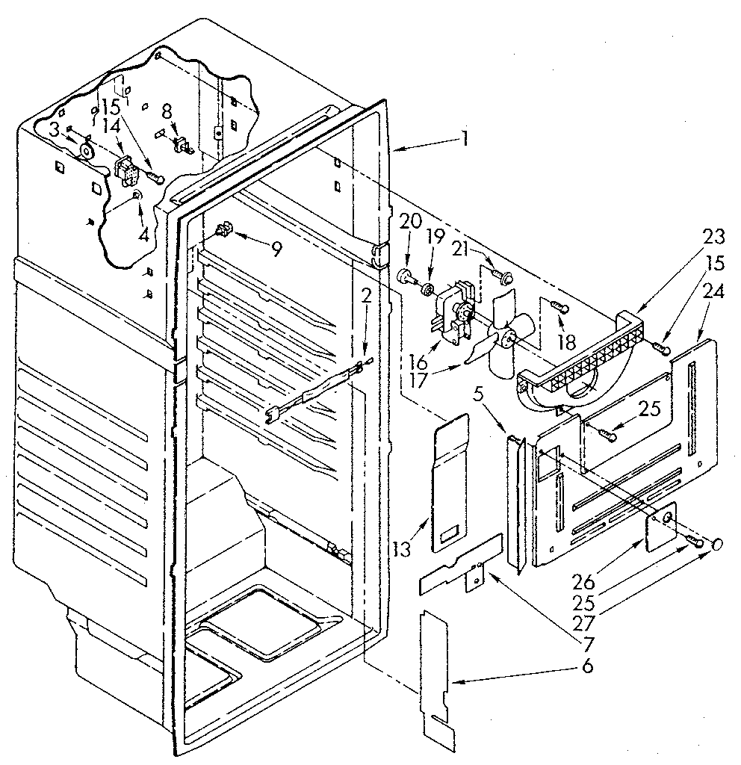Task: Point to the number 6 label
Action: [x=587, y=666]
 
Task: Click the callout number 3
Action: [x=55, y=128]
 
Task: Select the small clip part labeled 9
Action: [x=222, y=229]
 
